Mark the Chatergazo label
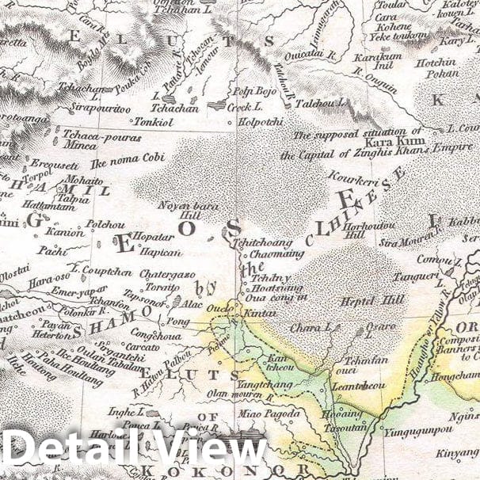(x=167, y=274)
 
